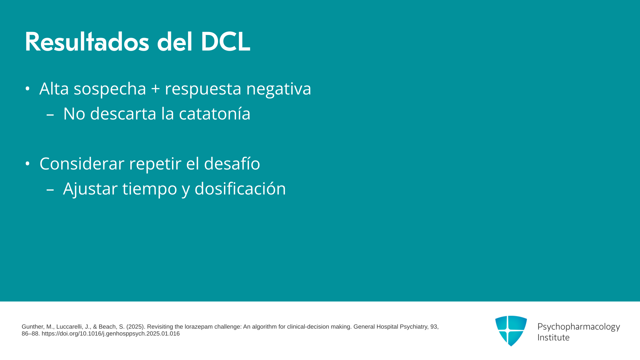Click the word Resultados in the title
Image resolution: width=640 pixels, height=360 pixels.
(x=87, y=42)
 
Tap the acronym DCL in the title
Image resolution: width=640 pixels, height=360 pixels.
(x=225, y=42)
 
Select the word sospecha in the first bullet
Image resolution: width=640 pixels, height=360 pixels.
(x=110, y=89)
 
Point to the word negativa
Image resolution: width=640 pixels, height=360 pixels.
(x=279, y=89)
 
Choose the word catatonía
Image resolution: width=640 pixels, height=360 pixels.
(x=215, y=114)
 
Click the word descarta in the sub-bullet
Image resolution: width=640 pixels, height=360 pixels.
(x=123, y=114)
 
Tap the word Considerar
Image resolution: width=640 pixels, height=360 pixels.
(x=82, y=163)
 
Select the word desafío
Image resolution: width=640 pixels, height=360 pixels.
(x=232, y=163)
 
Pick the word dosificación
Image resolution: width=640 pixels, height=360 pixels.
(x=240, y=188)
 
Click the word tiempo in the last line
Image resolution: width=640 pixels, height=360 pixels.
(x=150, y=189)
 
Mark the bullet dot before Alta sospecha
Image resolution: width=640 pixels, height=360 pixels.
(x=28, y=89)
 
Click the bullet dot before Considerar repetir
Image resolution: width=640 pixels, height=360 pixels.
(x=28, y=164)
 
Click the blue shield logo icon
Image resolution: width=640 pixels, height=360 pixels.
(x=511, y=331)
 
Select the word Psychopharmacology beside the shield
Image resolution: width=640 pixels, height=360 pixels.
(x=579, y=327)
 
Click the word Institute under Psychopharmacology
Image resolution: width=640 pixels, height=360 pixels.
(x=554, y=337)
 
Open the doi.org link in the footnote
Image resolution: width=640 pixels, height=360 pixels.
(x=111, y=334)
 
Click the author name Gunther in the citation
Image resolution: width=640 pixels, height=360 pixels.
(x=32, y=327)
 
